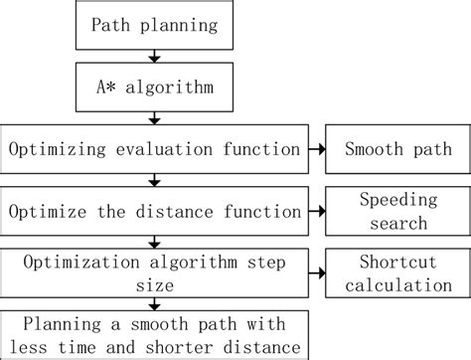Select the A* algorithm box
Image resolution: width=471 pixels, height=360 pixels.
(x=153, y=88)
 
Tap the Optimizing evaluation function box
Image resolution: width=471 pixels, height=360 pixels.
(x=153, y=149)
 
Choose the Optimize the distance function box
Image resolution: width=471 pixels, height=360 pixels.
(x=153, y=211)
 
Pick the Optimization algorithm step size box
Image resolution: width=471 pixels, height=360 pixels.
(x=153, y=271)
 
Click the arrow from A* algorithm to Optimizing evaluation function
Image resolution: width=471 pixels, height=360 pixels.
(x=153, y=118)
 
